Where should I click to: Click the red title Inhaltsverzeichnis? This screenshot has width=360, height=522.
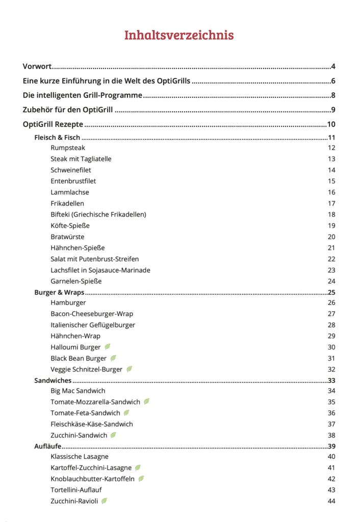coord(179,35)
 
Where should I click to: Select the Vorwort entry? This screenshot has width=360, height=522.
coord(38,67)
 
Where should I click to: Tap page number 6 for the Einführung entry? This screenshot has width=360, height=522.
coord(332,81)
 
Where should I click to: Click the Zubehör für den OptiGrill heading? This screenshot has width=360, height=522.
coord(68,110)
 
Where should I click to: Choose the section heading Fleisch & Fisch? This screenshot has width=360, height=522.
coord(58,138)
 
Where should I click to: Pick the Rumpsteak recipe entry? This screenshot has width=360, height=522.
coord(68,148)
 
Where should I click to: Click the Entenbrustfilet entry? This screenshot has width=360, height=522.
coord(73,181)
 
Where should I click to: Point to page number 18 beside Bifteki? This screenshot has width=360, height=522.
coord(331,215)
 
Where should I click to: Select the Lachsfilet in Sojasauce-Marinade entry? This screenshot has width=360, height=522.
coord(100,270)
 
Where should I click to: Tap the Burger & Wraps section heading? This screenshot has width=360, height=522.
coord(59,293)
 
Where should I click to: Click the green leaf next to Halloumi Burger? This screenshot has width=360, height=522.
coord(108,347)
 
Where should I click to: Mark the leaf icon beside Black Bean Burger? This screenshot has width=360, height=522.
coord(114,358)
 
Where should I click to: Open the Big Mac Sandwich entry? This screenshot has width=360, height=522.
coord(78,391)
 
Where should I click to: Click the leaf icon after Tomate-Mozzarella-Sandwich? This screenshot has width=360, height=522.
coord(147,402)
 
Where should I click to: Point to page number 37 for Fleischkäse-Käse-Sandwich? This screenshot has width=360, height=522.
coord(331,424)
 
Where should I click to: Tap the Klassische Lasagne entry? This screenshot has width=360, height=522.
coord(80,457)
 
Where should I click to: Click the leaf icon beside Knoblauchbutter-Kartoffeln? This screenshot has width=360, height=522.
coord(141,479)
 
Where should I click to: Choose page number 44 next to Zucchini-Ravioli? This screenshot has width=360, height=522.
coord(331,501)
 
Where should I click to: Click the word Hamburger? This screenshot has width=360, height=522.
coord(68,303)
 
